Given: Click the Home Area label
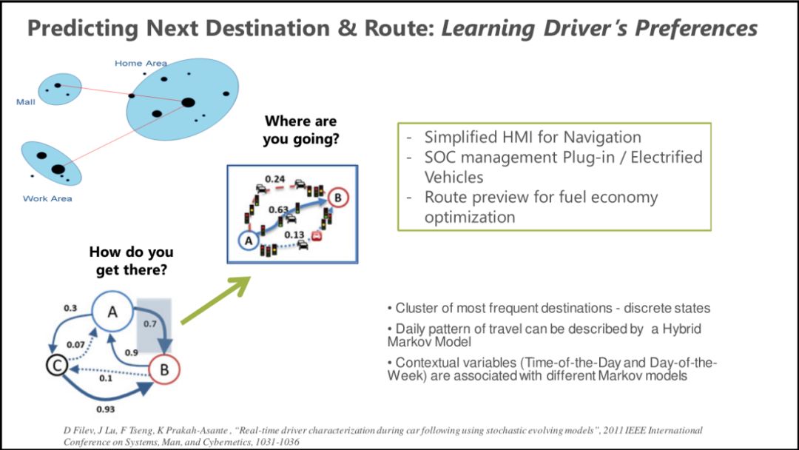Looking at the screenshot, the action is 141,64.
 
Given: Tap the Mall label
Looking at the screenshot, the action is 26,102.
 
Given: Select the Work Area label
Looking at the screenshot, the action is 47,198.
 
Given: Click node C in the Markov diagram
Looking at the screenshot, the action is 55,364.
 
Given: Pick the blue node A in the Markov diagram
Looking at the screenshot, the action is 112,312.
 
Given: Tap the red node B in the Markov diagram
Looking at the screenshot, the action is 164,368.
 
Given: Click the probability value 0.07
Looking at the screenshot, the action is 75,344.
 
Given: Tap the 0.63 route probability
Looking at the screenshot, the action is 278,210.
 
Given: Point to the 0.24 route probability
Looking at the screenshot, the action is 275,179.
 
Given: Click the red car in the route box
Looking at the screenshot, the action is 317,237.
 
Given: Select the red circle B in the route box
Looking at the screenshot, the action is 337,198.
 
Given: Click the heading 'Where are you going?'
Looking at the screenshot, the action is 300,130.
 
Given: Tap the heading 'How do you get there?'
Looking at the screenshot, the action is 131,261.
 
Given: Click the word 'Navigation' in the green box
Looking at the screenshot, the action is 602,137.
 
